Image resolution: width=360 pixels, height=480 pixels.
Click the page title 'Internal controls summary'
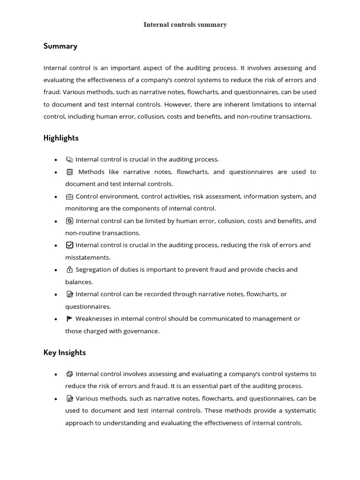click(185, 25)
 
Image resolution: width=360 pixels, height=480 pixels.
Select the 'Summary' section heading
click(60, 46)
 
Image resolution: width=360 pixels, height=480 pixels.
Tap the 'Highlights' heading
click(61, 138)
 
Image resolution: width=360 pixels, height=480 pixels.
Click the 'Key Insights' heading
click(65, 352)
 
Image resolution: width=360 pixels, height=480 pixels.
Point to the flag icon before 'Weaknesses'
click(69, 319)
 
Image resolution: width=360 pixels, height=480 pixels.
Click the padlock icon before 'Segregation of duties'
click(69, 270)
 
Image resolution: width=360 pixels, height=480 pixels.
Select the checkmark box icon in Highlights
click(69, 245)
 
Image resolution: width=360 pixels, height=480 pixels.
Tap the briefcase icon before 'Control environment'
click(69, 196)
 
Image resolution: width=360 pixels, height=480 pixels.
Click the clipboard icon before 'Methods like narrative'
click(69, 172)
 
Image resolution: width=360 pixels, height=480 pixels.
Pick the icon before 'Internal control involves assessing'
click(69, 374)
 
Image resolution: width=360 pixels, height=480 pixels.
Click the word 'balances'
click(79, 282)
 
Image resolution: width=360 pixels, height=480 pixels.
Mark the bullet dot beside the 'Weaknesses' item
click(56, 319)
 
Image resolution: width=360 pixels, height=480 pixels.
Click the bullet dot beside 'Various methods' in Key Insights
click(56, 399)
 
